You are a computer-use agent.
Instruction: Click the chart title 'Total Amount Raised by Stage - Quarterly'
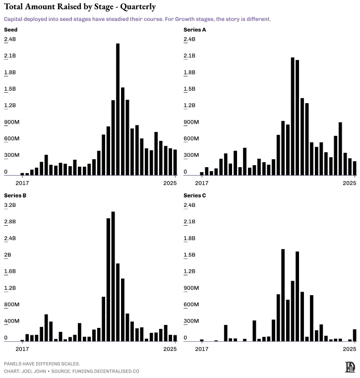[79, 7]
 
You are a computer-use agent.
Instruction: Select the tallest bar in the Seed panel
[118, 109]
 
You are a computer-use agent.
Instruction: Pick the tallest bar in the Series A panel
[293, 116]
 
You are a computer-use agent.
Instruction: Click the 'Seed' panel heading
[10, 30]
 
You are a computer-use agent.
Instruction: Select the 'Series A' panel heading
[195, 30]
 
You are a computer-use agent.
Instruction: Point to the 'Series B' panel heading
[15, 195]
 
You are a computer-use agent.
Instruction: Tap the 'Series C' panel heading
[195, 195]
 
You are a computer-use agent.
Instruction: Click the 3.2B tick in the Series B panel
[10, 205]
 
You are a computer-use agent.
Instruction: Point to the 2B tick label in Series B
[7, 254]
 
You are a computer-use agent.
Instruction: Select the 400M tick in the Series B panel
[12, 321]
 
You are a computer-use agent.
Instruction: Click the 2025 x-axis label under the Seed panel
[170, 183]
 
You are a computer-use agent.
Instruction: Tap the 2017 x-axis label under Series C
[201, 349]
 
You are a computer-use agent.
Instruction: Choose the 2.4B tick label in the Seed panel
[10, 39]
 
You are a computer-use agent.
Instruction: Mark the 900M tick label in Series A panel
[191, 122]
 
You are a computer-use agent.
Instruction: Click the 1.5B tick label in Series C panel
[190, 254]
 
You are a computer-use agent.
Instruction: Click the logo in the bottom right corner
[350, 367]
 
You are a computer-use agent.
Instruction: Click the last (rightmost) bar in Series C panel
[355, 335]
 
